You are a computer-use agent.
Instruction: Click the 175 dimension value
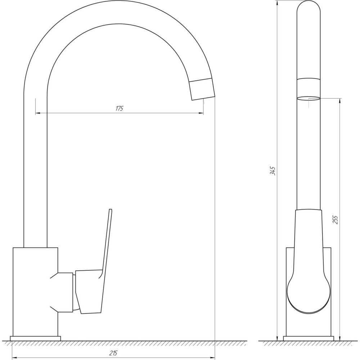tap(119, 108)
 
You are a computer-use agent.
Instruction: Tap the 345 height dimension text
tap(273, 171)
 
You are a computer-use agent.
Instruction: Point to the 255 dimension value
tap(336, 220)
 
